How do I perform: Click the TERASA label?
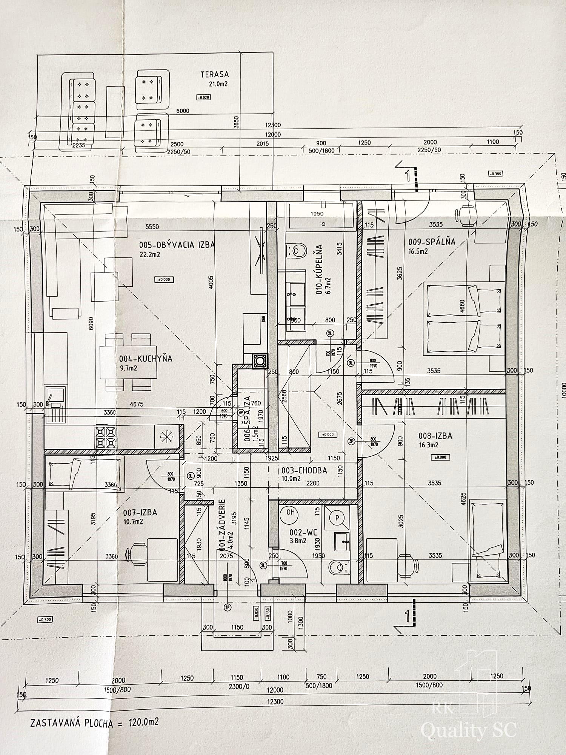[215, 75]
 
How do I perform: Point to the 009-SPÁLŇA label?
[432, 242]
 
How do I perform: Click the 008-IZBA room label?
[435, 436]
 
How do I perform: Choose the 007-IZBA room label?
[140, 513]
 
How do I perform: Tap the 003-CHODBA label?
[304, 471]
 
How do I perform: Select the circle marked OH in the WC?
[290, 512]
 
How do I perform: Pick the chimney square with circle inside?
[260, 361]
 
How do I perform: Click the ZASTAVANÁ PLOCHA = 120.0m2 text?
[94, 723]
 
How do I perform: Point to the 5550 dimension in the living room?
[152, 227]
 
